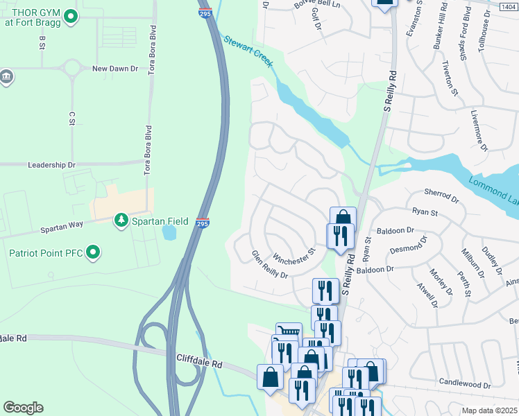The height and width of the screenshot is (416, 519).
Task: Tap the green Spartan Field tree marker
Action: click(x=122, y=220)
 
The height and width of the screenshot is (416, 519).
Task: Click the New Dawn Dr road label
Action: click(x=115, y=69)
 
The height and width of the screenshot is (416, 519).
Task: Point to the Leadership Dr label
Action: click(x=51, y=165)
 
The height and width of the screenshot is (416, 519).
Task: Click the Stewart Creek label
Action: click(x=248, y=50)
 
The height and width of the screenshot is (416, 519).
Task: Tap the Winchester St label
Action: click(x=295, y=247)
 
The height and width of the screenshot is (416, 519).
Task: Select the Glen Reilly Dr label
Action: click(x=270, y=264)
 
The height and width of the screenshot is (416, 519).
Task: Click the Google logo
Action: click(x=23, y=408)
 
